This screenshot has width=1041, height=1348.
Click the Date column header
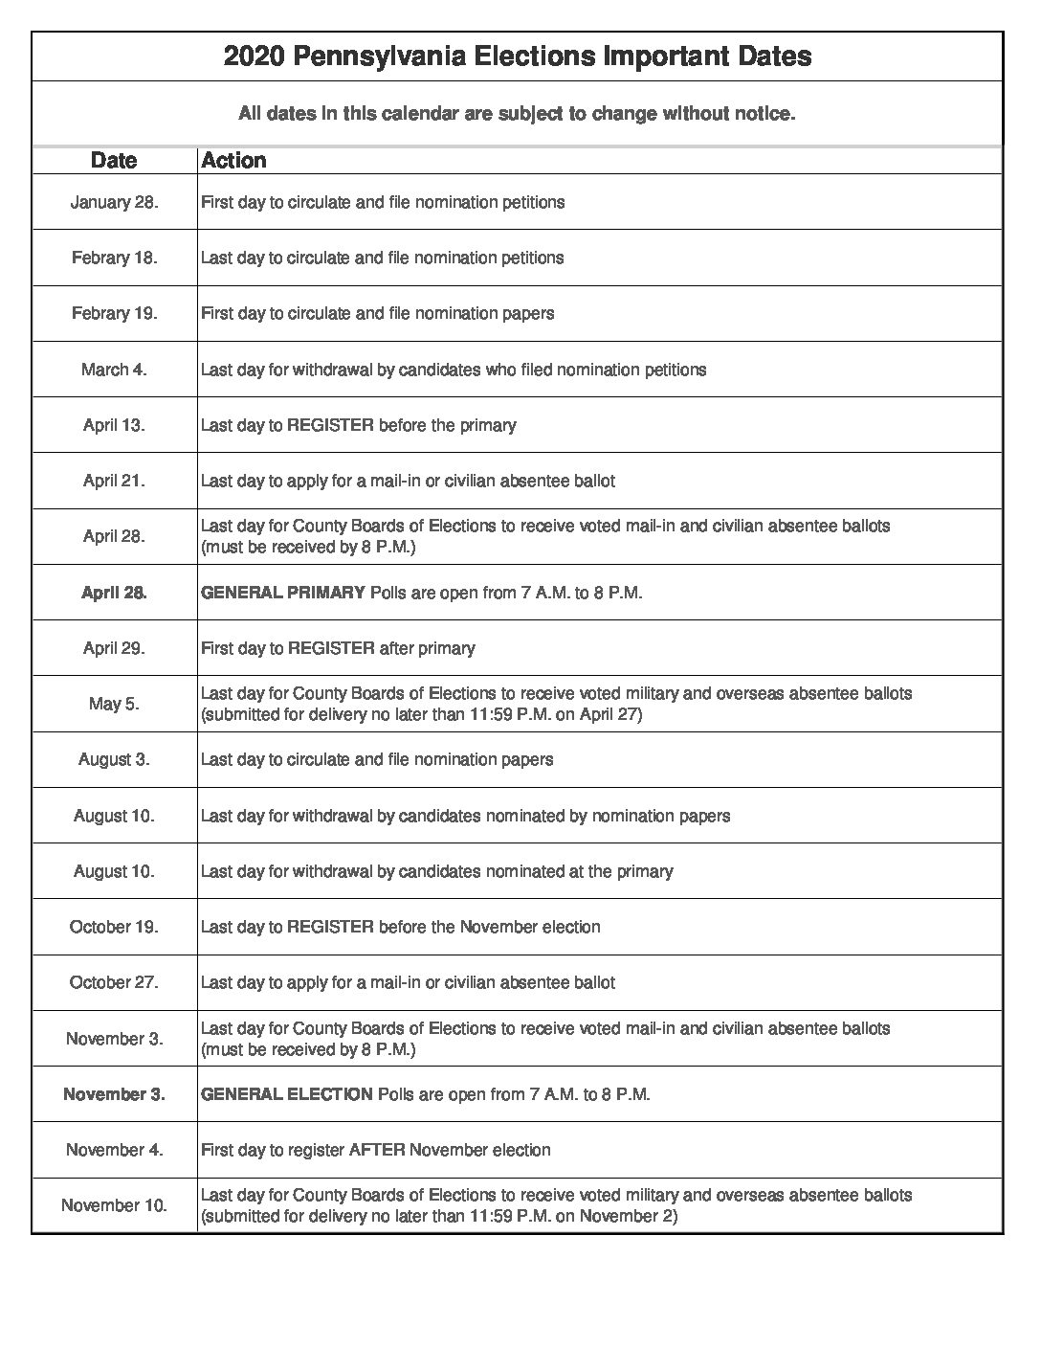pyautogui.click(x=114, y=160)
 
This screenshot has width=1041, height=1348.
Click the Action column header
pyautogui.click(x=233, y=160)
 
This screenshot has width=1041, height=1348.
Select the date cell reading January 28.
pyautogui.click(x=114, y=202)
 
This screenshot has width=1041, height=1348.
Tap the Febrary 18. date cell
pyautogui.click(x=114, y=258)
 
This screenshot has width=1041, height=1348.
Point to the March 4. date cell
pyautogui.click(x=114, y=370)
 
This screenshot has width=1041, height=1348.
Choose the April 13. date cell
pyautogui.click(x=114, y=425)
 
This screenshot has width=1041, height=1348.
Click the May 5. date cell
pyautogui.click(x=114, y=704)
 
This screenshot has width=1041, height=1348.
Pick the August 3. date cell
pyautogui.click(x=114, y=759)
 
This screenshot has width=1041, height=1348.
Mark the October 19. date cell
pyautogui.click(x=114, y=927)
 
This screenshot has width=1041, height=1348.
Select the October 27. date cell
pyautogui.click(x=114, y=982)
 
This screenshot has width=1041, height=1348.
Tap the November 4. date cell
pyautogui.click(x=114, y=1150)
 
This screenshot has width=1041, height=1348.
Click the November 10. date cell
pyautogui.click(x=114, y=1205)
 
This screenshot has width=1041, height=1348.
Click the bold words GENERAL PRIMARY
pyautogui.click(x=283, y=593)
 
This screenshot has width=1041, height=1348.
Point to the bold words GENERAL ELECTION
pyautogui.click(x=287, y=1094)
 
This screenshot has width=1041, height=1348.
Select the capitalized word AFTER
pyautogui.click(x=377, y=1150)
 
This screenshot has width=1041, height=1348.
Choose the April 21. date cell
pyautogui.click(x=114, y=481)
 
